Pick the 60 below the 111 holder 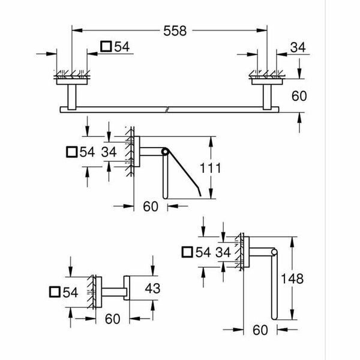click(150, 206)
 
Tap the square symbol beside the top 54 click(106, 46)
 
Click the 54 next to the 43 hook click(71, 293)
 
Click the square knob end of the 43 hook click(127, 287)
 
